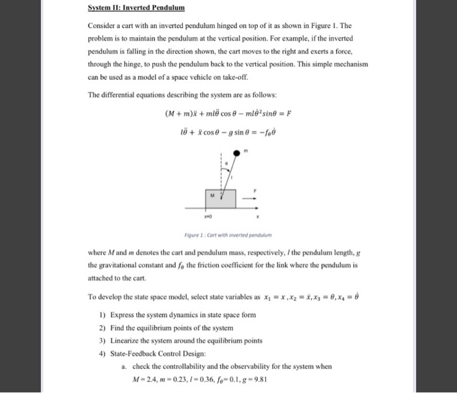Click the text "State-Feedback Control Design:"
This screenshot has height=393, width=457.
pyautogui.click(x=157, y=352)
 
